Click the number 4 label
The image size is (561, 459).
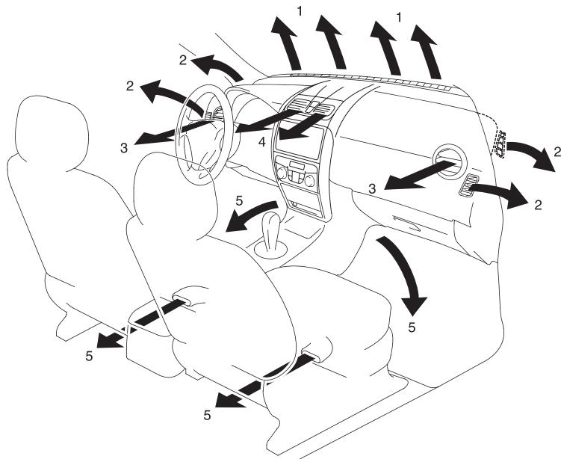click(x=262, y=142)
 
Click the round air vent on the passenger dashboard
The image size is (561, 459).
click(x=450, y=162)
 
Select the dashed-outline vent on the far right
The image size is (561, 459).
click(x=500, y=144)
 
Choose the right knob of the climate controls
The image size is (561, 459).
click(x=310, y=181)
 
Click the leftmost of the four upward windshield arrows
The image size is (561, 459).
click(x=287, y=43)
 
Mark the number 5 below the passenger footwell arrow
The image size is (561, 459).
click(x=412, y=327)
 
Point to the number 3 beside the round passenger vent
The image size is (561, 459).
click(x=373, y=188)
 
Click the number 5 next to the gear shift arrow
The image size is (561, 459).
click(x=239, y=201)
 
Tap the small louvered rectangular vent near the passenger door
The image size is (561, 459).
click(x=468, y=185)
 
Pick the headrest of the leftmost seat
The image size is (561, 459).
click(x=51, y=132)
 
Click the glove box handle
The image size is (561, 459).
click(x=407, y=224)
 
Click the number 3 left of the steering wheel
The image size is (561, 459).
click(x=124, y=148)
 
